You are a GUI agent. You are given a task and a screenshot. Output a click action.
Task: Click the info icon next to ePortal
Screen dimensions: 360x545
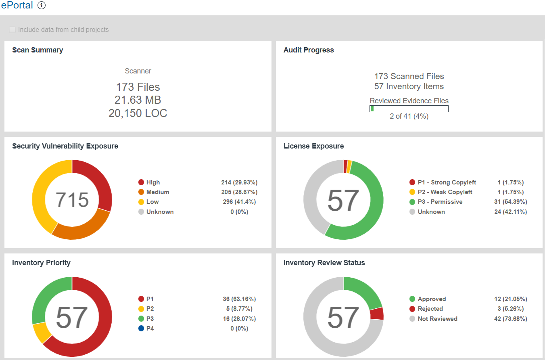[42, 5]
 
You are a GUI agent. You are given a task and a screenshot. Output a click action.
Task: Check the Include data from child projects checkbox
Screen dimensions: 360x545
[13, 29]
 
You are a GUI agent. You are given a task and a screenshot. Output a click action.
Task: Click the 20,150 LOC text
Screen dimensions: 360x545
[138, 113]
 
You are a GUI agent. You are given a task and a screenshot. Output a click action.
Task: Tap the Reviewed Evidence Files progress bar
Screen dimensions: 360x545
[409, 109]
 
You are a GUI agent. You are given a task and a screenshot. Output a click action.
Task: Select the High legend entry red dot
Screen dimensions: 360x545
[141, 182]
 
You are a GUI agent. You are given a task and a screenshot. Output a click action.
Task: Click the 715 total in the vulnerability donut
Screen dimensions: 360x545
[72, 200]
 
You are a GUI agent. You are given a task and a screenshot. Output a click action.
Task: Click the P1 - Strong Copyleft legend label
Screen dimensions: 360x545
[447, 182]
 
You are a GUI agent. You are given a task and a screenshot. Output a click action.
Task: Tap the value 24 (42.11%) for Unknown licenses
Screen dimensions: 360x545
[510, 212]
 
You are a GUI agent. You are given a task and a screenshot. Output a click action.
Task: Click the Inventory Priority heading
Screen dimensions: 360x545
[41, 263]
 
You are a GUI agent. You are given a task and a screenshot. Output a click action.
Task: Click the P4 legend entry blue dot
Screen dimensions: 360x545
[141, 329]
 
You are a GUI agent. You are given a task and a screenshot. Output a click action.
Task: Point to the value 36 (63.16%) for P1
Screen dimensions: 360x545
[239, 299]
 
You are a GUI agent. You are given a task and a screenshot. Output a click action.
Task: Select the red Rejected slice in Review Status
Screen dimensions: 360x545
[377, 314]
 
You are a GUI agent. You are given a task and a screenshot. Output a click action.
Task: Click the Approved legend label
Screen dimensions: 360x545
[432, 299]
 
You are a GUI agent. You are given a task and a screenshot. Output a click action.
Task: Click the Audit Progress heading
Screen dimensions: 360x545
[309, 50]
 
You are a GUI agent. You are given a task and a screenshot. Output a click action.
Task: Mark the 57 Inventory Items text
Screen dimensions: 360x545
[409, 86]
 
